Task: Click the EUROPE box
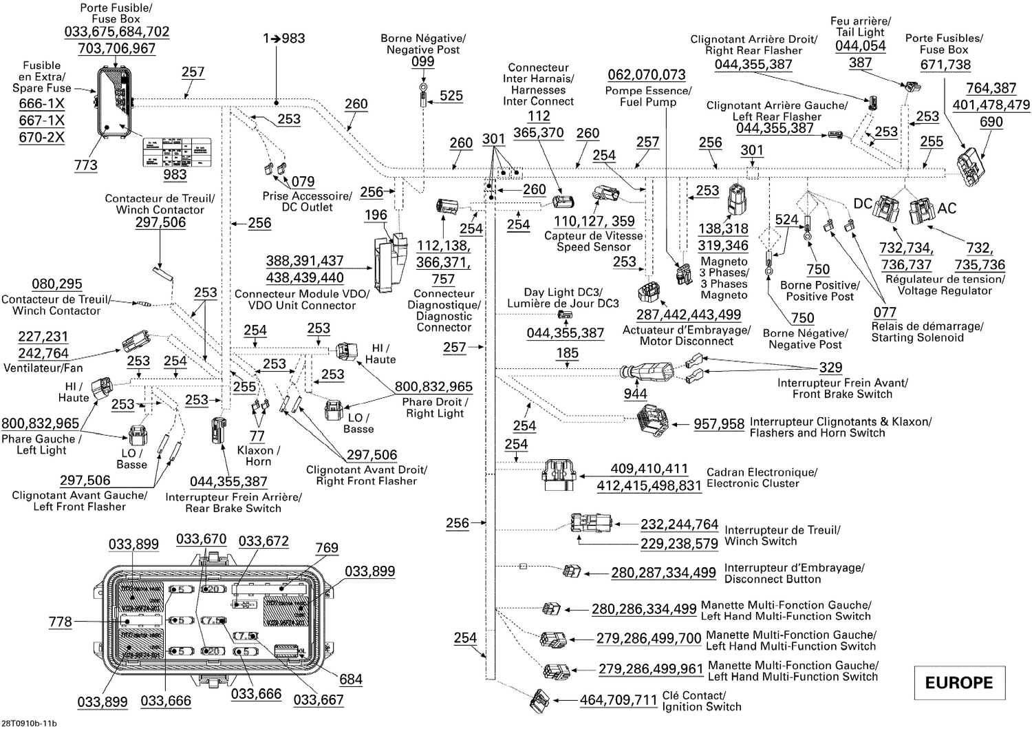tap(958, 682)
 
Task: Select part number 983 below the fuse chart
tap(175, 174)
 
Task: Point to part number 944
tap(635, 394)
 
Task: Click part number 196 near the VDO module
tap(376, 215)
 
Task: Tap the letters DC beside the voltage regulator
tap(863, 204)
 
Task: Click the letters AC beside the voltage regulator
tap(947, 209)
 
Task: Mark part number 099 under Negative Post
tap(422, 61)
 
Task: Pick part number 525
tap(451, 96)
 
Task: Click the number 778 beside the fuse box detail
tap(61, 622)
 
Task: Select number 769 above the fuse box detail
tap(327, 548)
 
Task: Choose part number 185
tap(568, 354)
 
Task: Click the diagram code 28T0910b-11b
tap(30, 723)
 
